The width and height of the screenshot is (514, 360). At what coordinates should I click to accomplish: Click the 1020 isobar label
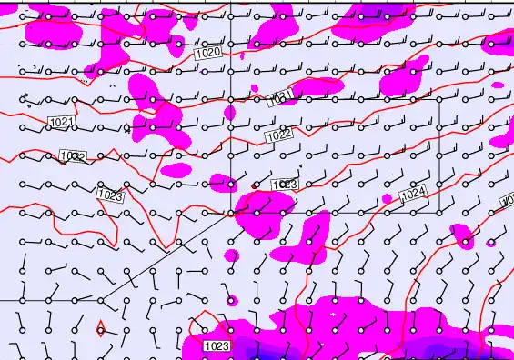[208, 54]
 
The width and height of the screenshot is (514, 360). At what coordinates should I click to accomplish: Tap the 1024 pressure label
[413, 193]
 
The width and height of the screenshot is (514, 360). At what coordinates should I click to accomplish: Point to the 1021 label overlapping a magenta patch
[280, 98]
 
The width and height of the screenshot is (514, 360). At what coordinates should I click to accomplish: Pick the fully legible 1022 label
[278, 135]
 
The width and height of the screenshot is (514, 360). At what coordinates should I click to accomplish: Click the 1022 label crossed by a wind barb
[72, 157]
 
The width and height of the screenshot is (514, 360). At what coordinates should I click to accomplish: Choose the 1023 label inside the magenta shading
[217, 345]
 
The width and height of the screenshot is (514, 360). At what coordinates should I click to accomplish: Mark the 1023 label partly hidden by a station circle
[285, 185]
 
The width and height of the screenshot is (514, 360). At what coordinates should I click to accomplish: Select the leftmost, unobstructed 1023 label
[109, 195]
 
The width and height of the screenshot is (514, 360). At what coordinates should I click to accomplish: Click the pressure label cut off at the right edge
[508, 199]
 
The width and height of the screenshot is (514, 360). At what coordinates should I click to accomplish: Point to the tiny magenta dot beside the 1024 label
[387, 198]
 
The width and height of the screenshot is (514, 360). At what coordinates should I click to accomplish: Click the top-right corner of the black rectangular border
[440, 98]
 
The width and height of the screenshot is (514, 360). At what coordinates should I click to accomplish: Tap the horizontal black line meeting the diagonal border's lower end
[45, 299]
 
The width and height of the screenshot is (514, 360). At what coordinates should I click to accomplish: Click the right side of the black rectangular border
[440, 155]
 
